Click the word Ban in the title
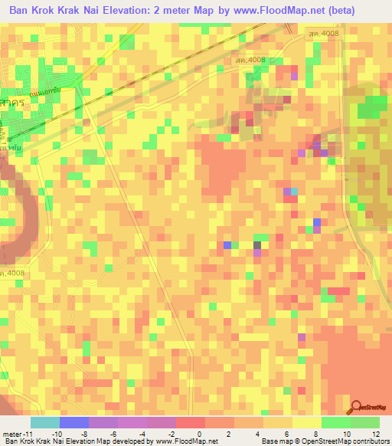(x=21, y=10)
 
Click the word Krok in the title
(x=51, y=10)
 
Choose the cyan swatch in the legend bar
(x=45, y=422)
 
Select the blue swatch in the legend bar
(x=74, y=422)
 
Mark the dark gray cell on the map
(x=257, y=245)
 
